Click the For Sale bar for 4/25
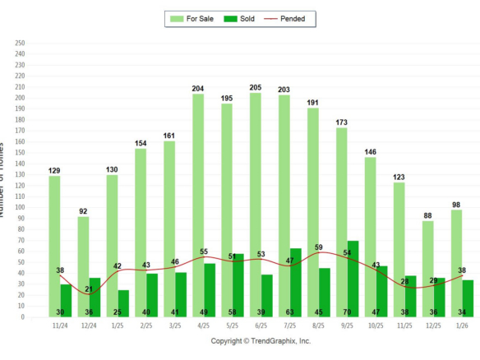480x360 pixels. pos(198,205)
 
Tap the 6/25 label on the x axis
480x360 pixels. pos(261,325)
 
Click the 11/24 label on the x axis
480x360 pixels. pos(60,325)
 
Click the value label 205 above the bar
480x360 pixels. pos(255,87)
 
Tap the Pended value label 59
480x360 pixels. pos(320,247)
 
